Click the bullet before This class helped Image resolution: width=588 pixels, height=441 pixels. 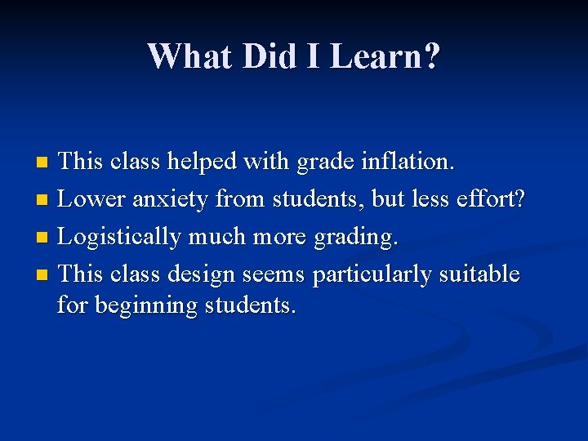[x=44, y=163]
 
